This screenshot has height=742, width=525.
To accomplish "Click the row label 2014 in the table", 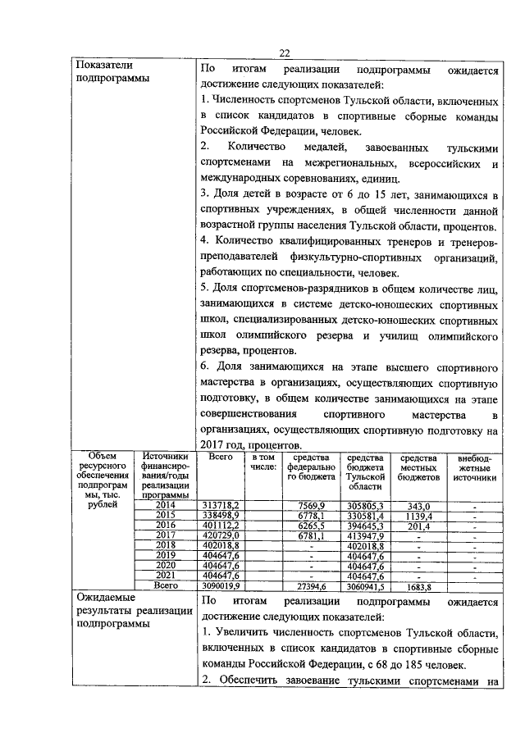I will click(x=166, y=507).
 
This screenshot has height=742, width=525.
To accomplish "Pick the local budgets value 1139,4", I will click(x=418, y=516).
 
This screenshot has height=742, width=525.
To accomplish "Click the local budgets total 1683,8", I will click(x=418, y=585).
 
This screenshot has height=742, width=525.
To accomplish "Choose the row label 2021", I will click(x=166, y=576).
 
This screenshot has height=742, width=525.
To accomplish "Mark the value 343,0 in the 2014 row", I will click(x=418, y=507).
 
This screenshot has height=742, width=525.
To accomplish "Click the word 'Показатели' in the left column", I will click(x=103, y=65).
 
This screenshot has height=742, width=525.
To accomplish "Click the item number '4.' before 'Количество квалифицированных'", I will click(x=204, y=241).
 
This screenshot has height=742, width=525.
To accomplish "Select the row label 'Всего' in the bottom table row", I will click(x=166, y=585).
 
